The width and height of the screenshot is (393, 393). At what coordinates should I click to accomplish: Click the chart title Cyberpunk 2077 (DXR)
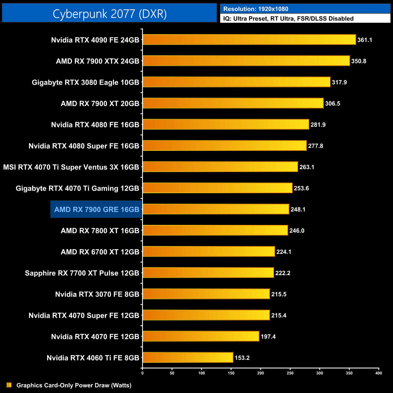point(109,14)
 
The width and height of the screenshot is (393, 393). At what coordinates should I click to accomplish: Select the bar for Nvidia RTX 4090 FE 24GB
point(249,40)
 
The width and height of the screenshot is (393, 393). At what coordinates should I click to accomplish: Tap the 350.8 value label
point(359,61)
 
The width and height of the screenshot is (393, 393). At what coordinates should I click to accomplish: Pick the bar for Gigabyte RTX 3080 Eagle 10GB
point(236,82)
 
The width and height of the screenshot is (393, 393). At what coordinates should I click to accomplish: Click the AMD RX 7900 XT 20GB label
point(100,104)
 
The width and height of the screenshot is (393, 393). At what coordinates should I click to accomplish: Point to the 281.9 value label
point(318,125)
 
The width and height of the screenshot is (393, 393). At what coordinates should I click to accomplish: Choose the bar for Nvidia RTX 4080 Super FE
point(225,146)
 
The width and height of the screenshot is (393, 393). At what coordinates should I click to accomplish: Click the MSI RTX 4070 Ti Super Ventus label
point(71,167)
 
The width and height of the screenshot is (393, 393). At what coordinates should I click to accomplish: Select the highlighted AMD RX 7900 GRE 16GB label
point(96,209)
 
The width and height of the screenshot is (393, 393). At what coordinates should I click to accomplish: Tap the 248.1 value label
point(298,209)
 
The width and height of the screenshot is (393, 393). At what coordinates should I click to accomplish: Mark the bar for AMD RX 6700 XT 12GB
point(209,252)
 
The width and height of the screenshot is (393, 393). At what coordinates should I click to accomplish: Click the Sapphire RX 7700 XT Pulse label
point(82,273)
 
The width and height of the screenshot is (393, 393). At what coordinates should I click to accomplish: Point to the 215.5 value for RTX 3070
point(279,294)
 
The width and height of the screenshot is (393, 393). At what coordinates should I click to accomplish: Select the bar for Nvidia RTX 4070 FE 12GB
point(201,336)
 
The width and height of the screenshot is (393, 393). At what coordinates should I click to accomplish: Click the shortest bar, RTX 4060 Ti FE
point(188,357)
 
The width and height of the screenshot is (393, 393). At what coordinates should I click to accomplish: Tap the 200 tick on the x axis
point(261,373)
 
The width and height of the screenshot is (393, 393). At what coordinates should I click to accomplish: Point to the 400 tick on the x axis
point(378,373)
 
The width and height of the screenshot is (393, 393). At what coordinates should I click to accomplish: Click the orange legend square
point(9,385)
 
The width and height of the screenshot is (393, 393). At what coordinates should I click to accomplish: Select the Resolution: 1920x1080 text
point(256,9)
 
